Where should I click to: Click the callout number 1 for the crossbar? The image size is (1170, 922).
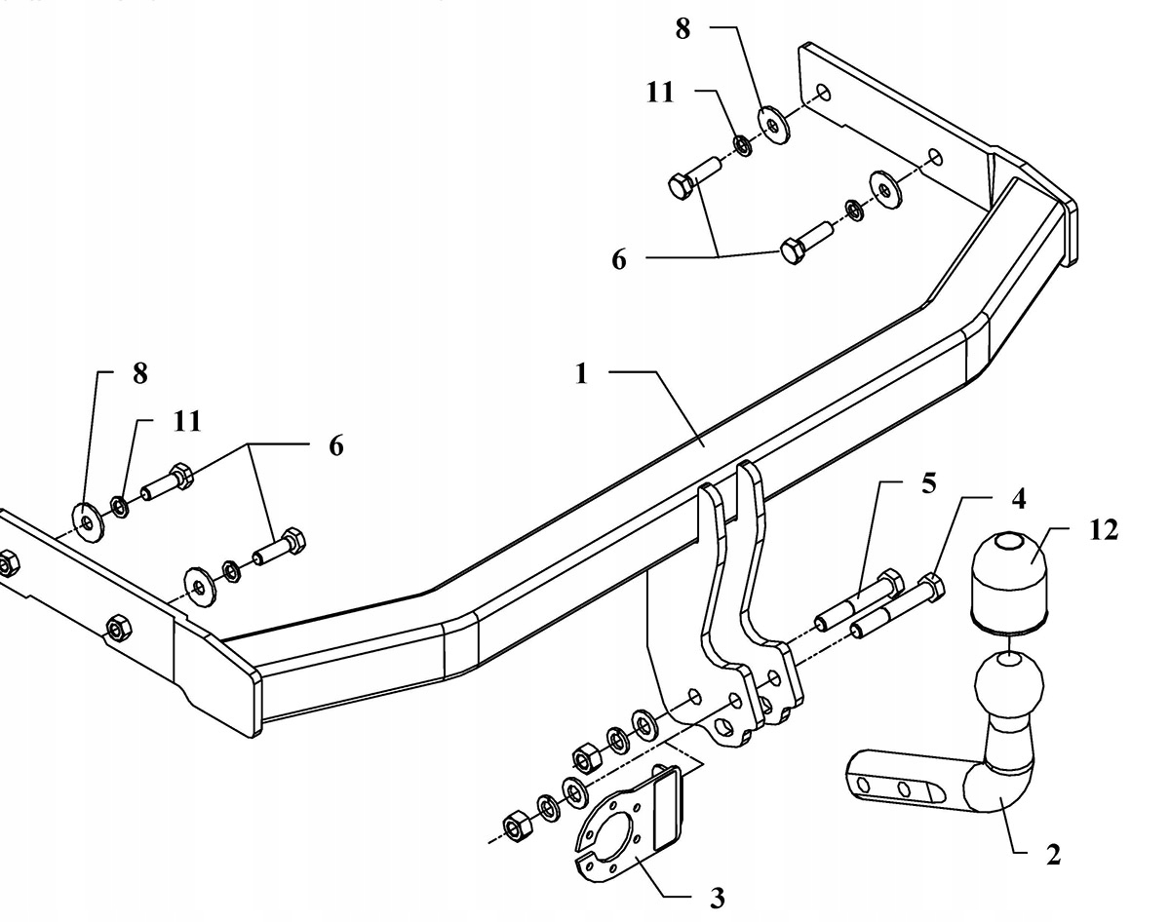(581, 374)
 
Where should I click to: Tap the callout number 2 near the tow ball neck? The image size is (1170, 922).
(1053, 855)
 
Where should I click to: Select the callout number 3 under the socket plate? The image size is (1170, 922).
(717, 897)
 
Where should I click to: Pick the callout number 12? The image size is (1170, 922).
(1106, 530)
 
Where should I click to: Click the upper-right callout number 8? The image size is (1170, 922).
(682, 29)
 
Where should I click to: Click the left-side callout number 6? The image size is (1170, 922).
(336, 445)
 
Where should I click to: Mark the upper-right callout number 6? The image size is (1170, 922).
(620, 260)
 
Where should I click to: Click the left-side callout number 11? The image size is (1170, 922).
(187, 421)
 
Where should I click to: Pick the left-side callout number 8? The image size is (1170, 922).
(139, 374)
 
